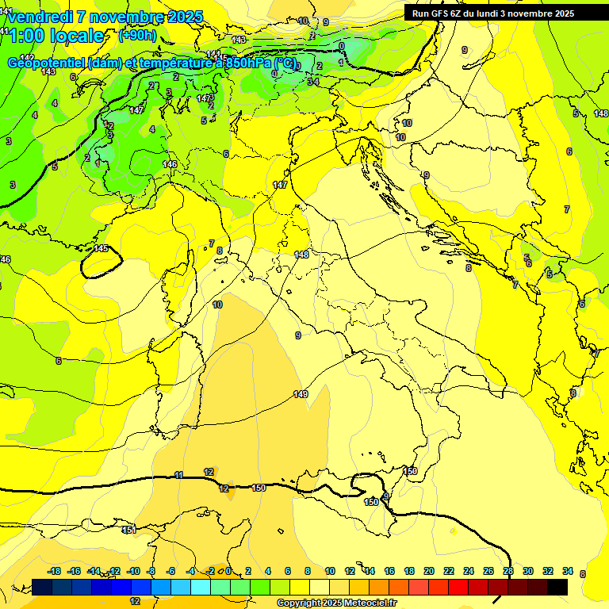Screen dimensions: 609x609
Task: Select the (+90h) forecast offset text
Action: pyautogui.click(x=137, y=35)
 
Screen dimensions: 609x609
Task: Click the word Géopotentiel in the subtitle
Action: pyautogui.click(x=48, y=63)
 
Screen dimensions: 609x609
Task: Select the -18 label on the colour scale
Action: pyautogui.click(x=55, y=571)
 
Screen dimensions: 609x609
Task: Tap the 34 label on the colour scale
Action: pyautogui.click(x=568, y=571)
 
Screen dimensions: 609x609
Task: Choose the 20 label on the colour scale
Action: pyautogui.click(x=429, y=571)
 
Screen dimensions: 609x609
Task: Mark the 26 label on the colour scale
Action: pyautogui.click(x=488, y=571)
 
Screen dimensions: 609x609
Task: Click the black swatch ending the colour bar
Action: pyautogui.click(x=557, y=587)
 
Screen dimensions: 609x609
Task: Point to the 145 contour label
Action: pyautogui.click(x=101, y=248)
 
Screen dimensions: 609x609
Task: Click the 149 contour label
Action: pyautogui.click(x=301, y=394)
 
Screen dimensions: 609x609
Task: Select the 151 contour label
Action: pyautogui.click(x=128, y=529)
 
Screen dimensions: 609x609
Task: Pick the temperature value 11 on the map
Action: pyautogui.click(x=179, y=474)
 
